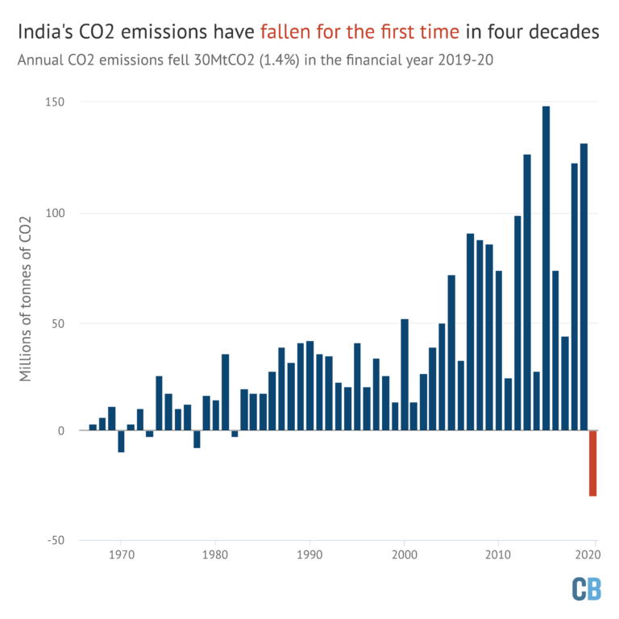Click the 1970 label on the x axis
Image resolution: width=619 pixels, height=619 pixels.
(x=121, y=555)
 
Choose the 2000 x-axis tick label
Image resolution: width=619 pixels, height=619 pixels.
(x=404, y=555)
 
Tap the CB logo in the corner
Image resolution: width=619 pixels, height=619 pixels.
(x=586, y=589)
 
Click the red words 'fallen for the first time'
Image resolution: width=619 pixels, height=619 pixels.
(x=359, y=32)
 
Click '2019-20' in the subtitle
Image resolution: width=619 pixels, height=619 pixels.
(x=463, y=60)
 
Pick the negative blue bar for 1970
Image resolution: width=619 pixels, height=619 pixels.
(x=121, y=441)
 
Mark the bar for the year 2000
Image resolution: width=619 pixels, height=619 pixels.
(x=404, y=375)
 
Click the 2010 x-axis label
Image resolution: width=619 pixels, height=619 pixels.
(x=498, y=555)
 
